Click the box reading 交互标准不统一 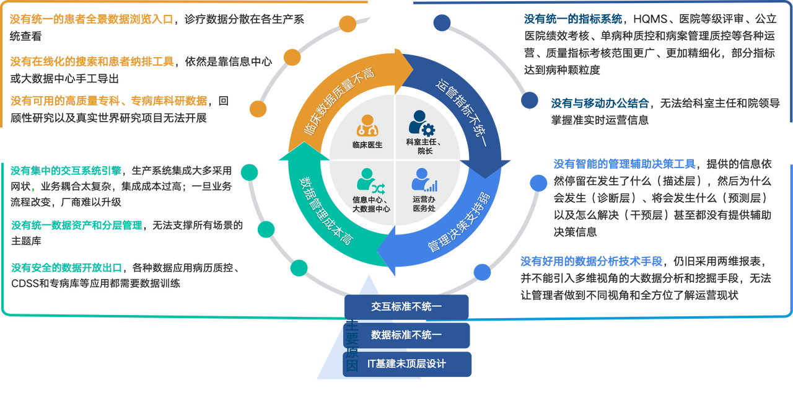pyautogui.click(x=406, y=306)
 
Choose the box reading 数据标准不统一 pyautogui.click(x=406, y=335)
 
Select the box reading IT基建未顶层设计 pyautogui.click(x=406, y=364)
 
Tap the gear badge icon pyautogui.click(x=427, y=131)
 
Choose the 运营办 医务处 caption pyautogui.click(x=425, y=205)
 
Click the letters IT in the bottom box pyautogui.click(x=372, y=364)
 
